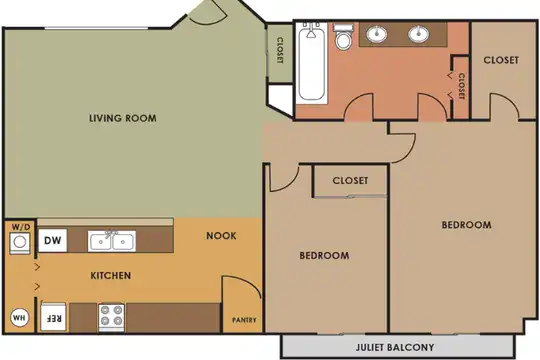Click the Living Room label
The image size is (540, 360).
pos(123,118)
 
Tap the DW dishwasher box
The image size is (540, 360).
pos(53,240)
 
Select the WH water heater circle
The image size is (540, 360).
pos(19,318)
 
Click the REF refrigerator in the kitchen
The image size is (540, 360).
pos(53,318)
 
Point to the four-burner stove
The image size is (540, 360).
pos(112,317)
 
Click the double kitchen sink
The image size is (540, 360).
pos(112,241)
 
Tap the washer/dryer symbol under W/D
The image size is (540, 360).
pos(20,243)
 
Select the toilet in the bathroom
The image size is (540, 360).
pos(343,37)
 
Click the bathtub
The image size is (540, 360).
pos(311,62)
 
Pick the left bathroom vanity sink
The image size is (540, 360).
pos(377,34)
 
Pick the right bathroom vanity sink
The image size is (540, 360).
pos(418,34)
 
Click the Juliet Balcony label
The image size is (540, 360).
pos(395,347)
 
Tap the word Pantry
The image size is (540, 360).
pos(244,320)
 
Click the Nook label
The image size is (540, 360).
pos(221,236)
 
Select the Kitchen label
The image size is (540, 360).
pos(111,276)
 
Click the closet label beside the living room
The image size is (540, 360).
pos(280,50)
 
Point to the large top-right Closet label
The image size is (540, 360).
pos(501,60)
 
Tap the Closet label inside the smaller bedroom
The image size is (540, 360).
pos(350,181)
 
